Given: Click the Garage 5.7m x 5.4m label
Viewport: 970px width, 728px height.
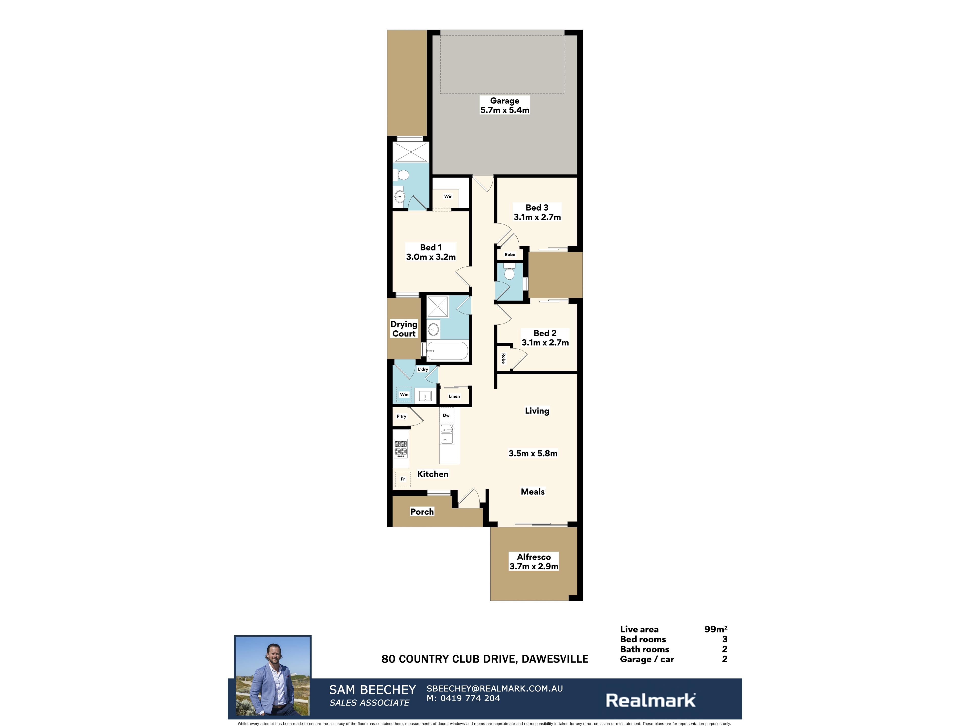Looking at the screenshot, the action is (x=505, y=105).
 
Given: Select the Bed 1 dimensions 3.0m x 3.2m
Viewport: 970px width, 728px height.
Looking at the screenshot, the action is (x=431, y=257).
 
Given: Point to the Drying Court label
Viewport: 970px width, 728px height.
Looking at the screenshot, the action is (x=404, y=329).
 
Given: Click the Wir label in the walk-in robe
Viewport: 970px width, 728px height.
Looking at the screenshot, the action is (x=448, y=196).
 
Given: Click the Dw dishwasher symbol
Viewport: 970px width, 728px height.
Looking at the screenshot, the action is (x=446, y=415).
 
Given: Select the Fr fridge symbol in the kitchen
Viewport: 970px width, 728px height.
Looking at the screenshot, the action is (x=403, y=479).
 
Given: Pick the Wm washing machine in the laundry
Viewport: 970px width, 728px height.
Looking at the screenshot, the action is (x=404, y=395).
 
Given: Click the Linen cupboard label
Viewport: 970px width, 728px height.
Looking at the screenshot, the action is (x=454, y=396).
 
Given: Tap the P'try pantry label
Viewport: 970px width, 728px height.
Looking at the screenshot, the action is (x=401, y=416).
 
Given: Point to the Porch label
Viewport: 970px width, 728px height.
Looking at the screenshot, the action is (x=422, y=512).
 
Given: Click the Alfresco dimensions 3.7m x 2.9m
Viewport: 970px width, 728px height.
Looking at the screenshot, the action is (x=534, y=566).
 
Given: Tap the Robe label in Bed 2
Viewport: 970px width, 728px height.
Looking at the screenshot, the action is (x=503, y=358).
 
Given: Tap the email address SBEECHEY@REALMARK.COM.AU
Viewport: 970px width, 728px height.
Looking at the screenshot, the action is (x=495, y=689).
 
